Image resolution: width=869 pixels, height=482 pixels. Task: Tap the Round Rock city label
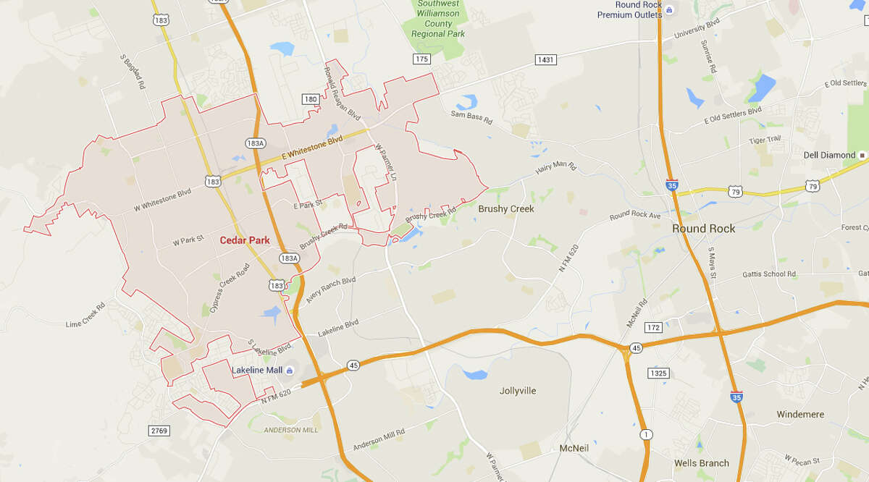[703, 228]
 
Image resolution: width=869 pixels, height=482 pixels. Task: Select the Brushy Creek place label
[505, 208]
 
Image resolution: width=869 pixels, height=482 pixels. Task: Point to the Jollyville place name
[518, 391]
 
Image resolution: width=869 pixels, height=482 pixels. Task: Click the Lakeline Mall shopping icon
[290, 371]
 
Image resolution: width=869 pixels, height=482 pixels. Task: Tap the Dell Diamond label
[829, 155]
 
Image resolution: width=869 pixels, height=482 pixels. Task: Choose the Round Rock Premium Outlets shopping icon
[669, 9]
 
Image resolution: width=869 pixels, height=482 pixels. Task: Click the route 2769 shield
[159, 431]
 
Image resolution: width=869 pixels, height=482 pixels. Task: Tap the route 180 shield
[310, 98]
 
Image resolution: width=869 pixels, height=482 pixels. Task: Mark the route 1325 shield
[657, 373]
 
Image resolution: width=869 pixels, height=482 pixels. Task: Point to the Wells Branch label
[701, 463]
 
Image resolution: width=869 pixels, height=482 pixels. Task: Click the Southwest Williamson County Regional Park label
[437, 19]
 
